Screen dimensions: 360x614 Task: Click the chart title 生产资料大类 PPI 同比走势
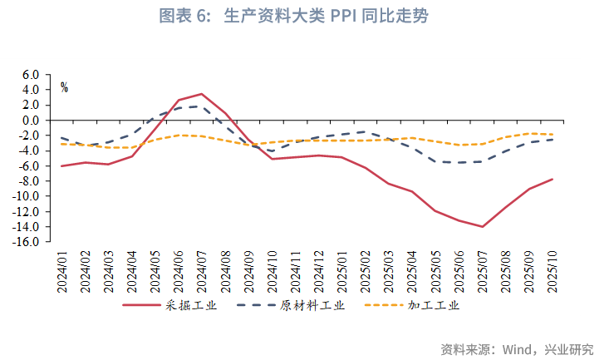[x=306, y=16]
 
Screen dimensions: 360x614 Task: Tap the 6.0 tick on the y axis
[x=31, y=74]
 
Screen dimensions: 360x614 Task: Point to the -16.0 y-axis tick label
[x=28, y=242]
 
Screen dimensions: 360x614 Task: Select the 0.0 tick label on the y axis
[x=31, y=120]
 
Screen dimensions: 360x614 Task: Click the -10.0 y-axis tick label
[x=28, y=196]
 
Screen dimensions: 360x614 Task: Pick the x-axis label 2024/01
[x=62, y=266]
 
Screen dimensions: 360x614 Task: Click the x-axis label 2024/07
[x=202, y=266]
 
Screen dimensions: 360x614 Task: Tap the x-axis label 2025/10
[x=553, y=266]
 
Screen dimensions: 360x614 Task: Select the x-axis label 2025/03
[x=389, y=266]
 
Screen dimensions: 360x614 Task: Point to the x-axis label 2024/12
[x=318, y=266]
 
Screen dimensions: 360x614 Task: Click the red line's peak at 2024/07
[x=202, y=94]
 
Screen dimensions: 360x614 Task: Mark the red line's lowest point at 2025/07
[x=483, y=227]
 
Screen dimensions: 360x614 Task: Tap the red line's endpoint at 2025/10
[x=553, y=179]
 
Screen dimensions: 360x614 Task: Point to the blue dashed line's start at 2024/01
[x=62, y=138]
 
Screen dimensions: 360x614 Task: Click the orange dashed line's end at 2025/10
[x=553, y=135]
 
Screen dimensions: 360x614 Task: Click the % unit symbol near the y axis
[x=64, y=87]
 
